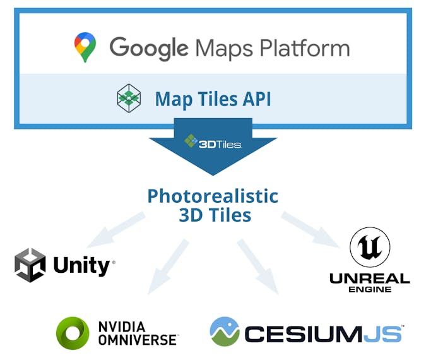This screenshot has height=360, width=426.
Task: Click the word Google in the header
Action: [148, 48]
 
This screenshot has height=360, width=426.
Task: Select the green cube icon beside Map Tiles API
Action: [129, 98]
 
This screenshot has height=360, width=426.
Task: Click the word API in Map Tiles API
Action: [254, 99]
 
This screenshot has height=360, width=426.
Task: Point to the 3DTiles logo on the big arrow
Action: [213, 142]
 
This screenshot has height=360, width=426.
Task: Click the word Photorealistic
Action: [213, 196]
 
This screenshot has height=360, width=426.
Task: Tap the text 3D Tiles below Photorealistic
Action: [215, 215]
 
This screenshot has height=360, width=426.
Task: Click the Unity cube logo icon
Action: [30, 265]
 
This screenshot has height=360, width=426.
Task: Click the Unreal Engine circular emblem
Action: [370, 248]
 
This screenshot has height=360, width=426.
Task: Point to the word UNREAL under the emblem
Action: [370, 278]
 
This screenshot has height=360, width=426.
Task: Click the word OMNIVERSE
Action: [138, 340]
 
